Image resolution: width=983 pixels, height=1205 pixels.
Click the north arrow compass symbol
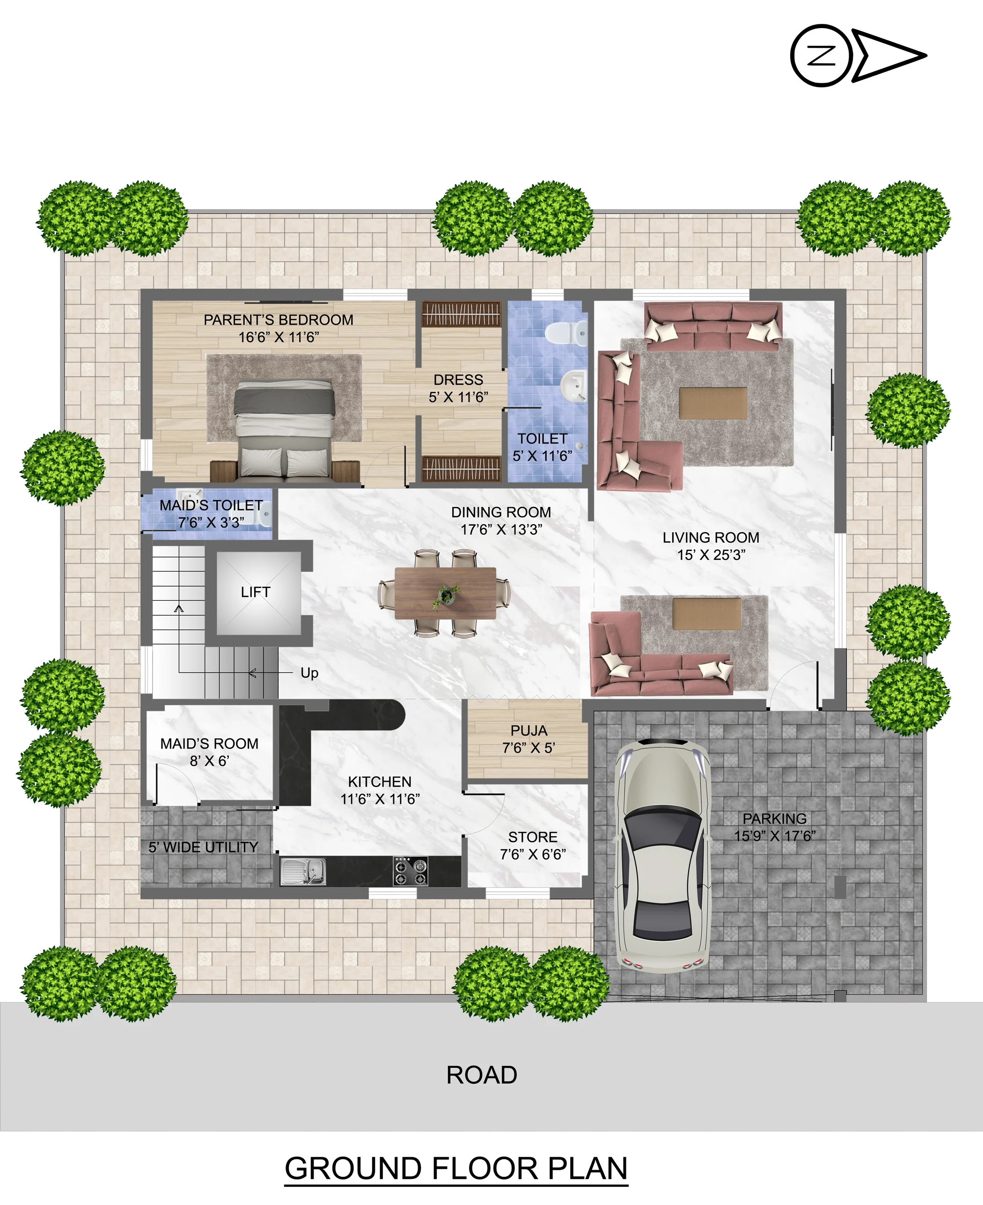pyautogui.click(x=858, y=56)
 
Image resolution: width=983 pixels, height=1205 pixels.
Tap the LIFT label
pyautogui.click(x=256, y=592)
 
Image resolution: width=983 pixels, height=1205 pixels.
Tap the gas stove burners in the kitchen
pyautogui.click(x=411, y=871)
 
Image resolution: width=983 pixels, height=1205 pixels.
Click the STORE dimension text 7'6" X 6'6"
pyautogui.click(x=533, y=854)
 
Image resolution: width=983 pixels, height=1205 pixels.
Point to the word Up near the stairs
pyautogui.click(x=309, y=673)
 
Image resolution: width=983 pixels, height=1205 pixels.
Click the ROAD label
pyautogui.click(x=482, y=1075)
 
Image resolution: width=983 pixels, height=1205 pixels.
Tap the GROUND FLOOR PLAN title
pyautogui.click(x=456, y=1168)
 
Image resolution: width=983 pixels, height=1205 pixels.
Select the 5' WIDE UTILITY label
pyautogui.click(x=203, y=847)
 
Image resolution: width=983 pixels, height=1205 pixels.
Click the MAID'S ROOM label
pyautogui.click(x=210, y=743)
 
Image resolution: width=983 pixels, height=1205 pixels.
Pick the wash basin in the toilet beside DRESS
pyautogui.click(x=573, y=386)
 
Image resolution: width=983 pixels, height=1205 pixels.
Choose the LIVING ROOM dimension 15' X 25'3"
pyautogui.click(x=711, y=555)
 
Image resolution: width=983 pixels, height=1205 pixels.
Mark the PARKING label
pyautogui.click(x=775, y=819)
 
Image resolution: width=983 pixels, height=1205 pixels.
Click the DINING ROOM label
pyautogui.click(x=501, y=513)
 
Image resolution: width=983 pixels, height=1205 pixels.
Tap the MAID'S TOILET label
pyautogui.click(x=211, y=505)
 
